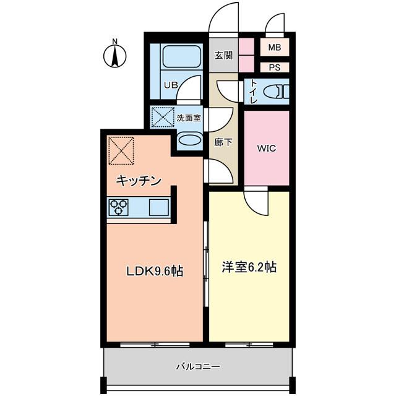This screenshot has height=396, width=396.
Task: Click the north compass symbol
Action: click(114, 54)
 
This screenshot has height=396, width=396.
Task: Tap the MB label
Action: click(274, 47)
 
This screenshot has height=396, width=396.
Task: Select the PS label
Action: click(274, 67)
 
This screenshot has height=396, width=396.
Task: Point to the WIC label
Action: click(266, 148)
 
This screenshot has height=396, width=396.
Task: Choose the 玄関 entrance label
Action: click(223, 55)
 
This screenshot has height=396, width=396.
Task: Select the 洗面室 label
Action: click(189, 118)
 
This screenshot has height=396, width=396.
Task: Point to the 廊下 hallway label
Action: click(223, 142)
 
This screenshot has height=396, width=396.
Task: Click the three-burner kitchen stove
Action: click(119, 207)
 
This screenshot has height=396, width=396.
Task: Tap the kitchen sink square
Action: click(158, 207)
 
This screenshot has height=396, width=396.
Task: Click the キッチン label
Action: click(140, 181)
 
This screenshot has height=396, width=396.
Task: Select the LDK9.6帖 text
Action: click(155, 271)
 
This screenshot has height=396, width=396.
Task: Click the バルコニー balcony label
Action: click(198, 366)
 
